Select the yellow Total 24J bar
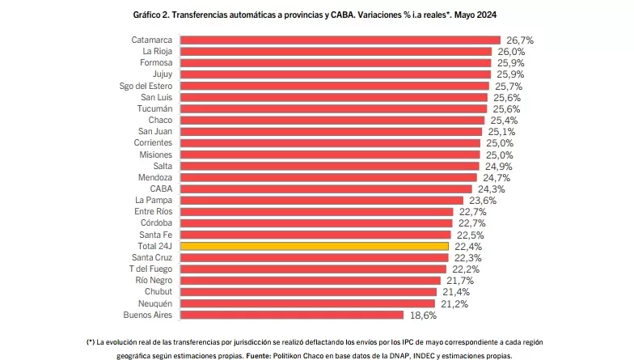314,246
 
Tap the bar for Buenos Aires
291,315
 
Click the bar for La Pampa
321,200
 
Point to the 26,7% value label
519,40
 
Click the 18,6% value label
421,315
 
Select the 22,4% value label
467,246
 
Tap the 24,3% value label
490,188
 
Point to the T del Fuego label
150,269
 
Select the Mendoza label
154,177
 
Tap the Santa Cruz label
151,257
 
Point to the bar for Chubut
308,292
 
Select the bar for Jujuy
335,74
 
